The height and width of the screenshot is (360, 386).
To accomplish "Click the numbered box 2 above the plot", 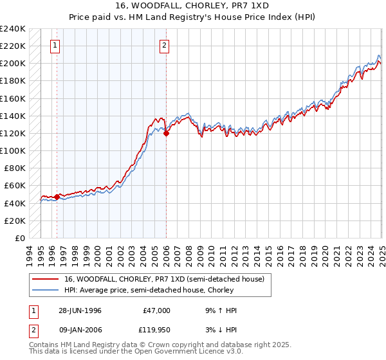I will tap(165, 45).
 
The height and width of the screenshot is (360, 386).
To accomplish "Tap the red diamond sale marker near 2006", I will tap(166, 134).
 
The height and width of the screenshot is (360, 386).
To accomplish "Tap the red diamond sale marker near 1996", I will tap(57, 197).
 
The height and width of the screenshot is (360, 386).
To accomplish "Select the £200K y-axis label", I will tap(13, 63).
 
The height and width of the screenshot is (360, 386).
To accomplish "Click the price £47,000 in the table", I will tap(156, 310).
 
